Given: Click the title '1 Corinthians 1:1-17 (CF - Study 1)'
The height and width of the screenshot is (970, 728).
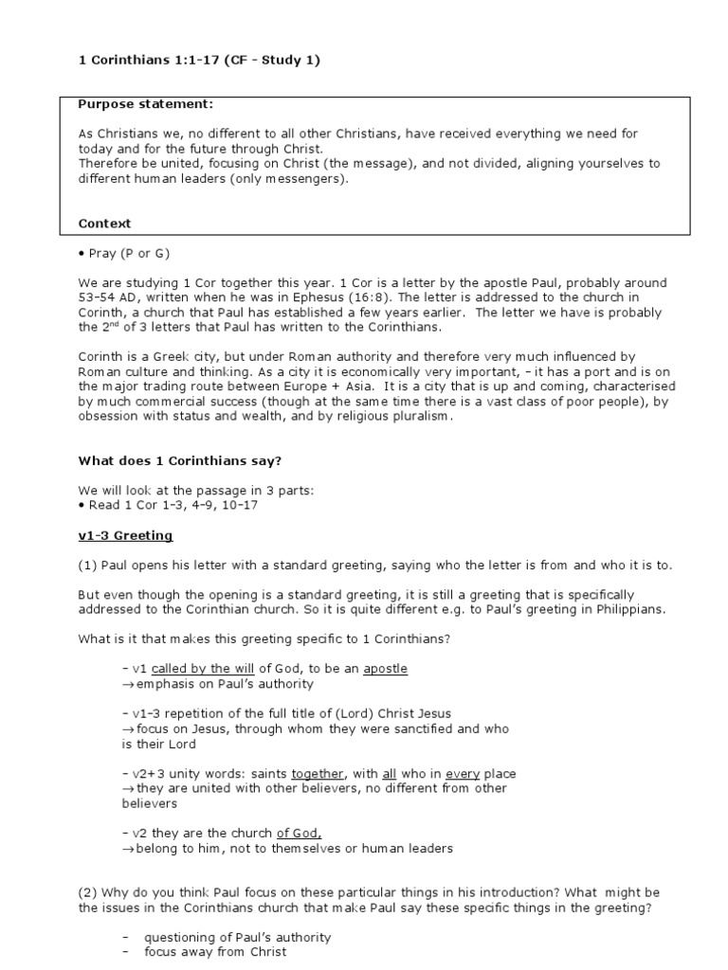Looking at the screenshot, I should click(199, 61).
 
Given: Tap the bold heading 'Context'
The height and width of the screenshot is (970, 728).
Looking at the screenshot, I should click(104, 224).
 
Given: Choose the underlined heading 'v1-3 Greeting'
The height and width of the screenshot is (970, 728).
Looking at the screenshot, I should click(125, 536).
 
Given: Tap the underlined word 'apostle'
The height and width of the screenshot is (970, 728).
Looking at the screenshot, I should click(385, 669).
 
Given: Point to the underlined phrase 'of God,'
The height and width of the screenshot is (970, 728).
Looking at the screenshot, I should click(299, 834).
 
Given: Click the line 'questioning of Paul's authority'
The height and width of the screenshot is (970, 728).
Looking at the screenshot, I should click(237, 938).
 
